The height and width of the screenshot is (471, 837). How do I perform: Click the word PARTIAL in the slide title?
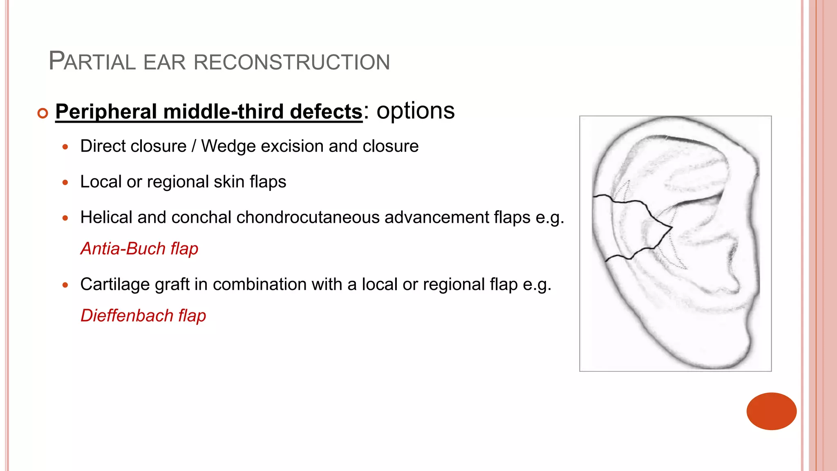(92, 62)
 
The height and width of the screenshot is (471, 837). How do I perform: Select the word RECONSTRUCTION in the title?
(291, 63)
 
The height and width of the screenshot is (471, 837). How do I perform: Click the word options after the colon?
(415, 111)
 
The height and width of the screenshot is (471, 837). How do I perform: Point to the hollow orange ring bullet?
(43, 113)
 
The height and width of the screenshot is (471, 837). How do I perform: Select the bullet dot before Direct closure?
(65, 147)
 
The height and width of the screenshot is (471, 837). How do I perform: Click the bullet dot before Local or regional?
(65, 182)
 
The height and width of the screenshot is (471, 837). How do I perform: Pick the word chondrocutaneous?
(308, 218)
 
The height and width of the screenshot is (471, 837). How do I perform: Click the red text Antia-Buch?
(123, 249)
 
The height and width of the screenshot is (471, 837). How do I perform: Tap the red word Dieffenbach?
(127, 316)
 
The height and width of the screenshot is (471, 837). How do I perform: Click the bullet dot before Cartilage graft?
(65, 285)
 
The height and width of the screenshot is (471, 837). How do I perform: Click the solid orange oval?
(771, 411)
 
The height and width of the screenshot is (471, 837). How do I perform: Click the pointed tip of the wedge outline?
(671, 227)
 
